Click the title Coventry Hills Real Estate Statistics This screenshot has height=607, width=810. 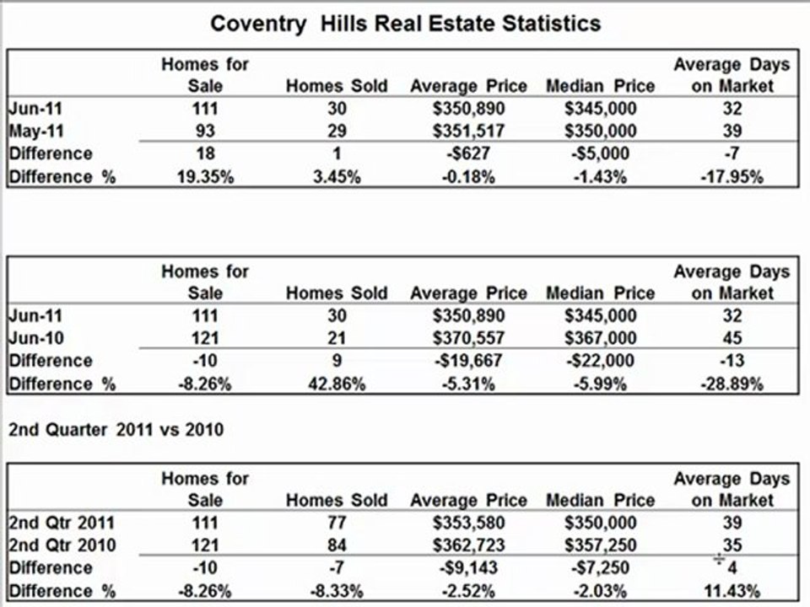[406, 24]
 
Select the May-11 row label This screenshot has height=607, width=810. [36, 132]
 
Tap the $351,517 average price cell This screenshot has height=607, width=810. [468, 132]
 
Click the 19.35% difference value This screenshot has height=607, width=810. [205, 177]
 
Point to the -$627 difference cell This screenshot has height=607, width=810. [468, 153]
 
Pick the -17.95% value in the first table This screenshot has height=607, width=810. [732, 177]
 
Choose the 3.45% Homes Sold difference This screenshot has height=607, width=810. [337, 177]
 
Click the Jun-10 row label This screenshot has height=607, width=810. [36, 338]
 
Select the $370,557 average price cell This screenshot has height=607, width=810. [468, 338]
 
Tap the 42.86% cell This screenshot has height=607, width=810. [337, 384]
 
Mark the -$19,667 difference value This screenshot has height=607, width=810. [468, 361]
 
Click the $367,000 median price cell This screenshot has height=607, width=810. [600, 338]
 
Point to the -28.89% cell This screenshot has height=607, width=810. [732, 384]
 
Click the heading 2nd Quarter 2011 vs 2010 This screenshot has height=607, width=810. [116, 429]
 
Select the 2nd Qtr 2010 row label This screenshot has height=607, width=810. [62, 545]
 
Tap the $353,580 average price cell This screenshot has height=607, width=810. [468, 523]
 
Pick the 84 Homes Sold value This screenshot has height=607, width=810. [337, 545]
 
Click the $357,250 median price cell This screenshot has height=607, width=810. [600, 545]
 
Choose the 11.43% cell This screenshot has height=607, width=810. [732, 591]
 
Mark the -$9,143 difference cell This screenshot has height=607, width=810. [468, 567]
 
